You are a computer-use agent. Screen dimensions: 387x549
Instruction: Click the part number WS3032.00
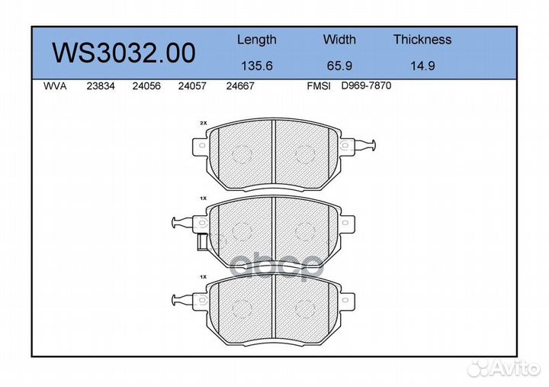coord(123,53)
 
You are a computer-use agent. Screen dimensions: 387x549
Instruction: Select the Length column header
coord(256,40)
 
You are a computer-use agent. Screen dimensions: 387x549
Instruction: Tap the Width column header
coord(339,40)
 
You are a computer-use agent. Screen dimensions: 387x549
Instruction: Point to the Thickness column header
coord(422,40)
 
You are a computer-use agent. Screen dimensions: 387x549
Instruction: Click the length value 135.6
coord(256,66)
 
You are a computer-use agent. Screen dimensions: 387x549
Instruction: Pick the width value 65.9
coord(339,66)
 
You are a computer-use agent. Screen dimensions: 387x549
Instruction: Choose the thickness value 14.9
coord(422,66)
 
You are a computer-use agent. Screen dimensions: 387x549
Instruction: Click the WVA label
coord(56,86)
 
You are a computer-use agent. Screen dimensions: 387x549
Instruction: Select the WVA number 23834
coord(101,86)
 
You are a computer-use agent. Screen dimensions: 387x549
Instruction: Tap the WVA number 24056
coord(145,86)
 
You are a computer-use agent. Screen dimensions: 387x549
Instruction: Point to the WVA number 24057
coord(191,86)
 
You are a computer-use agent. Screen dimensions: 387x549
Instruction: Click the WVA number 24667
coord(239,86)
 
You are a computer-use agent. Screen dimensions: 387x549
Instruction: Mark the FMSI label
coord(318,86)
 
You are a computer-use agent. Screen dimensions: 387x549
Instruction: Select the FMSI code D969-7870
coord(366,86)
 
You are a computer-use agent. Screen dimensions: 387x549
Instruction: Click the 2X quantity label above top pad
coord(203,122)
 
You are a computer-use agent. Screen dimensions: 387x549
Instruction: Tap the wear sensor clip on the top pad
coord(366,145)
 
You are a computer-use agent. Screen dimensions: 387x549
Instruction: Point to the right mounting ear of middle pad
coord(348,222)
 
